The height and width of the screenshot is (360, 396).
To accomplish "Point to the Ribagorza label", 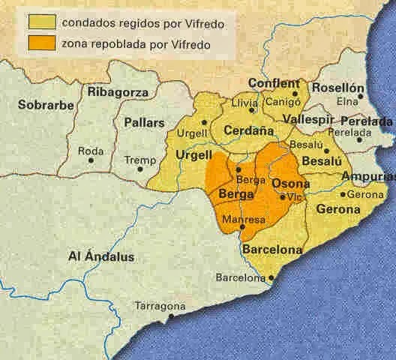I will tap(118, 92).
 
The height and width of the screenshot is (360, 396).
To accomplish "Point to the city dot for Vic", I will tap(282, 197).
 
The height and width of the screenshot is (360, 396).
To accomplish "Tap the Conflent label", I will tap(274, 84).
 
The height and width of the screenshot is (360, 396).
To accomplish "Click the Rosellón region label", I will tap(337, 88).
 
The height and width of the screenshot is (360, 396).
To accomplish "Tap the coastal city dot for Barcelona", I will tap(271, 277).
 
